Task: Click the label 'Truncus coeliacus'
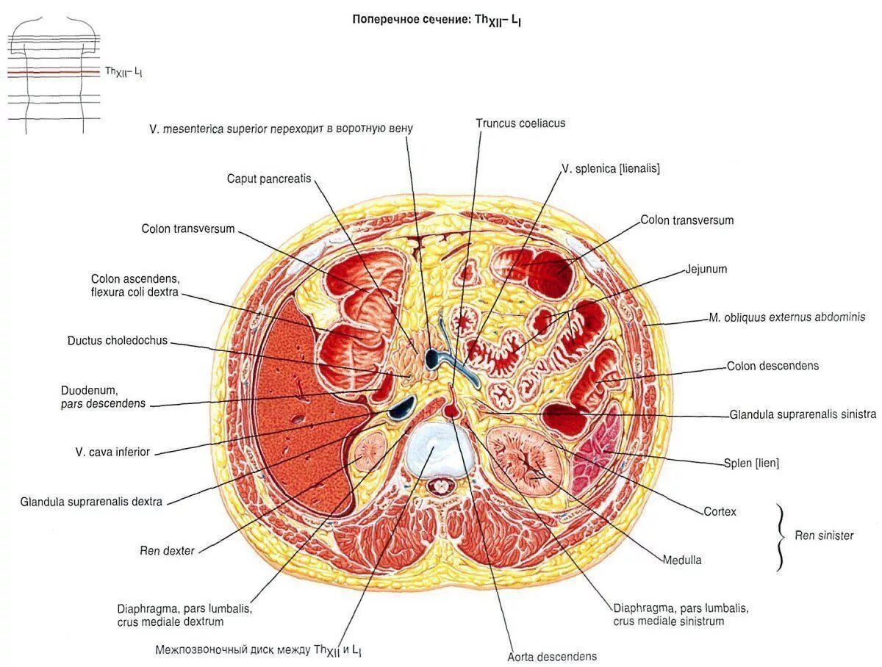click(x=520, y=123)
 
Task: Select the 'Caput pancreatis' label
click(x=269, y=179)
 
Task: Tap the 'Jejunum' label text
click(x=706, y=269)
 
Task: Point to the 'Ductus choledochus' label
click(x=118, y=341)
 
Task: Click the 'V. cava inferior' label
click(x=112, y=452)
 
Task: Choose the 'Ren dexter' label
click(x=168, y=550)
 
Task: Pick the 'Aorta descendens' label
click(x=552, y=656)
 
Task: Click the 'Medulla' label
click(x=682, y=560)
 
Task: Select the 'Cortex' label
click(x=720, y=511)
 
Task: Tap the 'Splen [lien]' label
click(x=751, y=463)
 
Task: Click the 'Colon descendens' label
click(x=772, y=366)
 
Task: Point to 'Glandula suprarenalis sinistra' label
click(x=803, y=414)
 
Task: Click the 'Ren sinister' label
click(x=824, y=536)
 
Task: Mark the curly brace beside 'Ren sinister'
click(x=781, y=537)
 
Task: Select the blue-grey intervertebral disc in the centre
click(x=438, y=450)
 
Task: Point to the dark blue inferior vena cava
click(x=402, y=405)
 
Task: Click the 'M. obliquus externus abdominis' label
click(x=786, y=317)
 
